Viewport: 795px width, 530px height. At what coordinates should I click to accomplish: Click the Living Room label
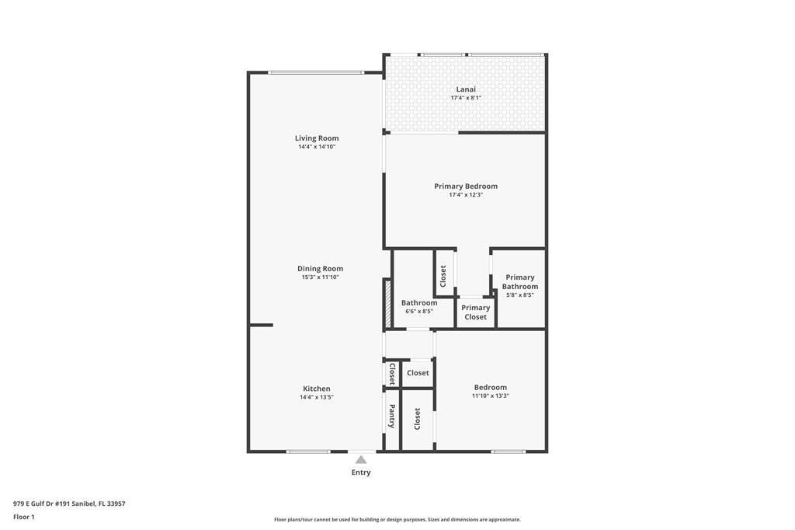317,138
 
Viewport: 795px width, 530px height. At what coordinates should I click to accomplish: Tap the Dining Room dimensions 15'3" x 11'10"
320,277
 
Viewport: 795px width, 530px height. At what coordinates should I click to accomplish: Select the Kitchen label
317,389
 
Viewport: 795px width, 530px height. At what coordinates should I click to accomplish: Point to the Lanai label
466,89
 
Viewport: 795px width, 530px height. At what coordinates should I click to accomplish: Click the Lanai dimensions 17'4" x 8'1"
466,98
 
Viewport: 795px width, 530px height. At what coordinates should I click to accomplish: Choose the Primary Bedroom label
466,187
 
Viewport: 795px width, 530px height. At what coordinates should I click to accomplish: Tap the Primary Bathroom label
520,281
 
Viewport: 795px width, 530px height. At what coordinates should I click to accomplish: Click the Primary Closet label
476,312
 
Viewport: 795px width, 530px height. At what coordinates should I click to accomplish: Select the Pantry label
392,417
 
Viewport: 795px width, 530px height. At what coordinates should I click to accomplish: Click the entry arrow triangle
361,459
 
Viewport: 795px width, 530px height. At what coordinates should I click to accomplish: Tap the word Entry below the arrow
361,472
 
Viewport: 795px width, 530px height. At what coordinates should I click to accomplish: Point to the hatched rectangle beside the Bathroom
387,303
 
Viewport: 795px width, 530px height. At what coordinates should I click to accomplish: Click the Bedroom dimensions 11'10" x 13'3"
491,396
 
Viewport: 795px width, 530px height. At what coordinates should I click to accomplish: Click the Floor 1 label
24,517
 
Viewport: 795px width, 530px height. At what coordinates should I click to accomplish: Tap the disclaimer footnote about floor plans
397,519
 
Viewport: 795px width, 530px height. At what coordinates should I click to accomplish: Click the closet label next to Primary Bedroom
443,275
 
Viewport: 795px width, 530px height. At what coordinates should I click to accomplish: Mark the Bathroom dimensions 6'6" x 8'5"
419,312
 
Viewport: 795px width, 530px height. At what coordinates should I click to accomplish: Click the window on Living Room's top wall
315,72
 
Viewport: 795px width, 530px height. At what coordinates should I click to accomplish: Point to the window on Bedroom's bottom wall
509,452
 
